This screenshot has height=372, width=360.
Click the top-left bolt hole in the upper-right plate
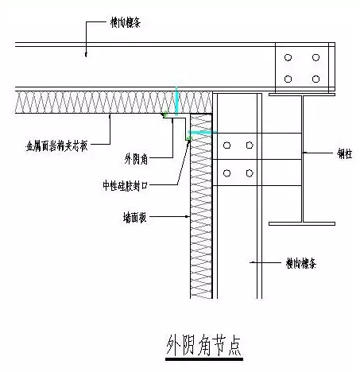pos(288,58)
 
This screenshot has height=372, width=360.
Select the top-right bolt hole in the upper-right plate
pos(316,58)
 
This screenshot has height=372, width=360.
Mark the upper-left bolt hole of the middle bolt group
pos(229,145)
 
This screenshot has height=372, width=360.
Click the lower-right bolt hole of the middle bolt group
pos(250,172)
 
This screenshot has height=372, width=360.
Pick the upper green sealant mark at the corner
pos(165,116)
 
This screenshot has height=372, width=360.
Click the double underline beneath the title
pos(203,360)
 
